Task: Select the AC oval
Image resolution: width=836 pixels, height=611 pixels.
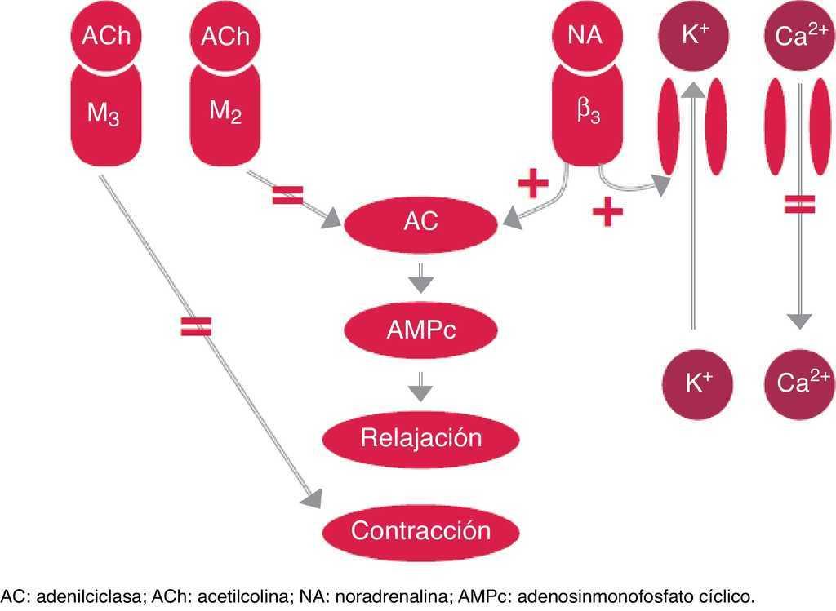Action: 421,223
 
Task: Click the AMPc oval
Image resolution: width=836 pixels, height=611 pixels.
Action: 421,330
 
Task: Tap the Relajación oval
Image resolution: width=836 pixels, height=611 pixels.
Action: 421,437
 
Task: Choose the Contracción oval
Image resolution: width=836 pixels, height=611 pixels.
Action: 421,531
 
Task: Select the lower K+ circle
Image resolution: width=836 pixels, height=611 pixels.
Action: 693,382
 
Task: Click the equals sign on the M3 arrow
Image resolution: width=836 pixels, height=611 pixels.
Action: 195,327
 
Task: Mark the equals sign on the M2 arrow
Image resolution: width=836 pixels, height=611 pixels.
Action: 287,195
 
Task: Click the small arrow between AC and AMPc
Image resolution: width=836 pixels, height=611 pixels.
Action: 420,278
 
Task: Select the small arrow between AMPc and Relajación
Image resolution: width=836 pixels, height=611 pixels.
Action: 420,385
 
